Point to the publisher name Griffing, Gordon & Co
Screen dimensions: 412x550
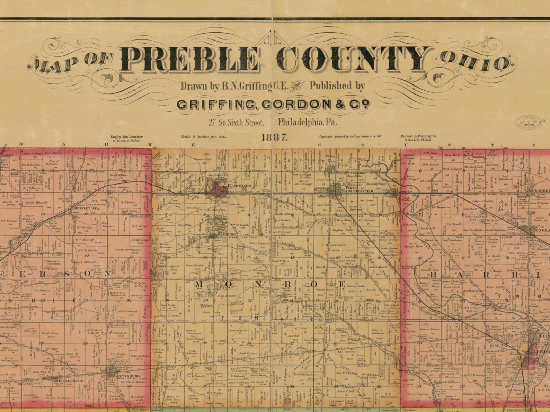[x=274, y=105]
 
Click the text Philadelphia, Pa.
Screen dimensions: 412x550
[x=308, y=122]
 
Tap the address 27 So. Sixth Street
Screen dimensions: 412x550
[x=236, y=122]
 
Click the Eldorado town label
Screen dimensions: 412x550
[x=239, y=186]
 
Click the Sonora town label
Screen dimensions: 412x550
[x=541, y=230]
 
